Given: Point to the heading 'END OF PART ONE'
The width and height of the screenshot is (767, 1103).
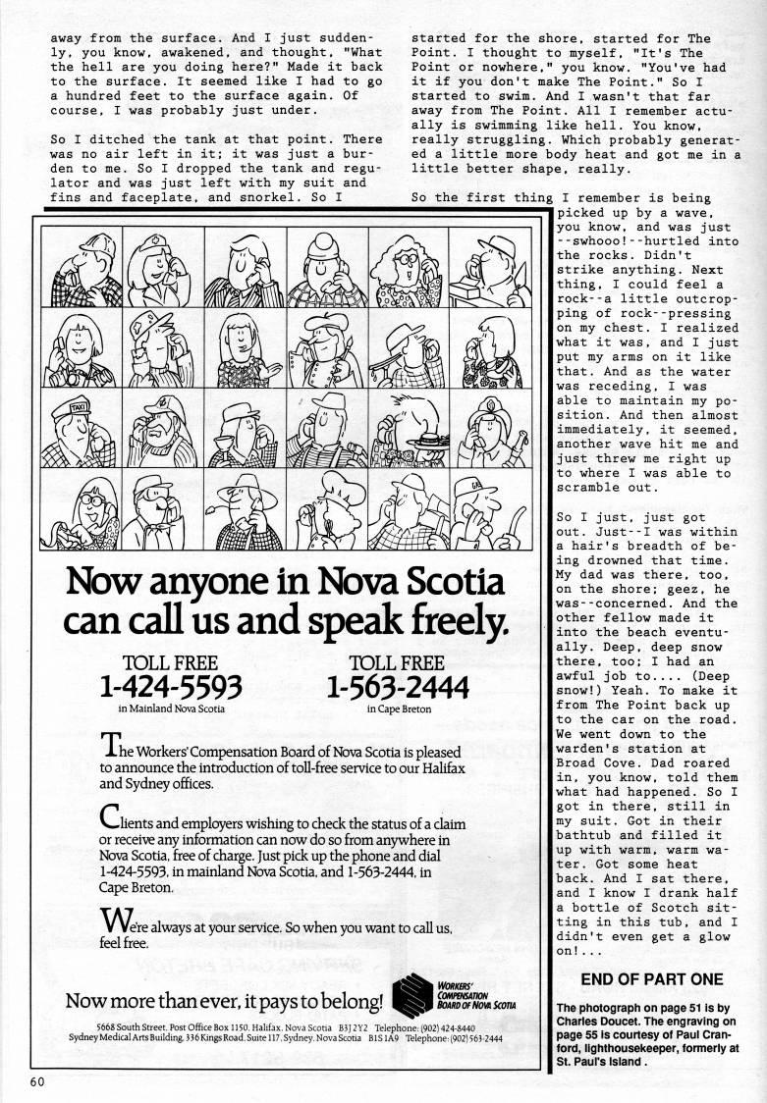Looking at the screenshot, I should (x=652, y=979).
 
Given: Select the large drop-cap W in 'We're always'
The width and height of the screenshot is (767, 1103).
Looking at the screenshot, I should (x=116, y=920).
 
